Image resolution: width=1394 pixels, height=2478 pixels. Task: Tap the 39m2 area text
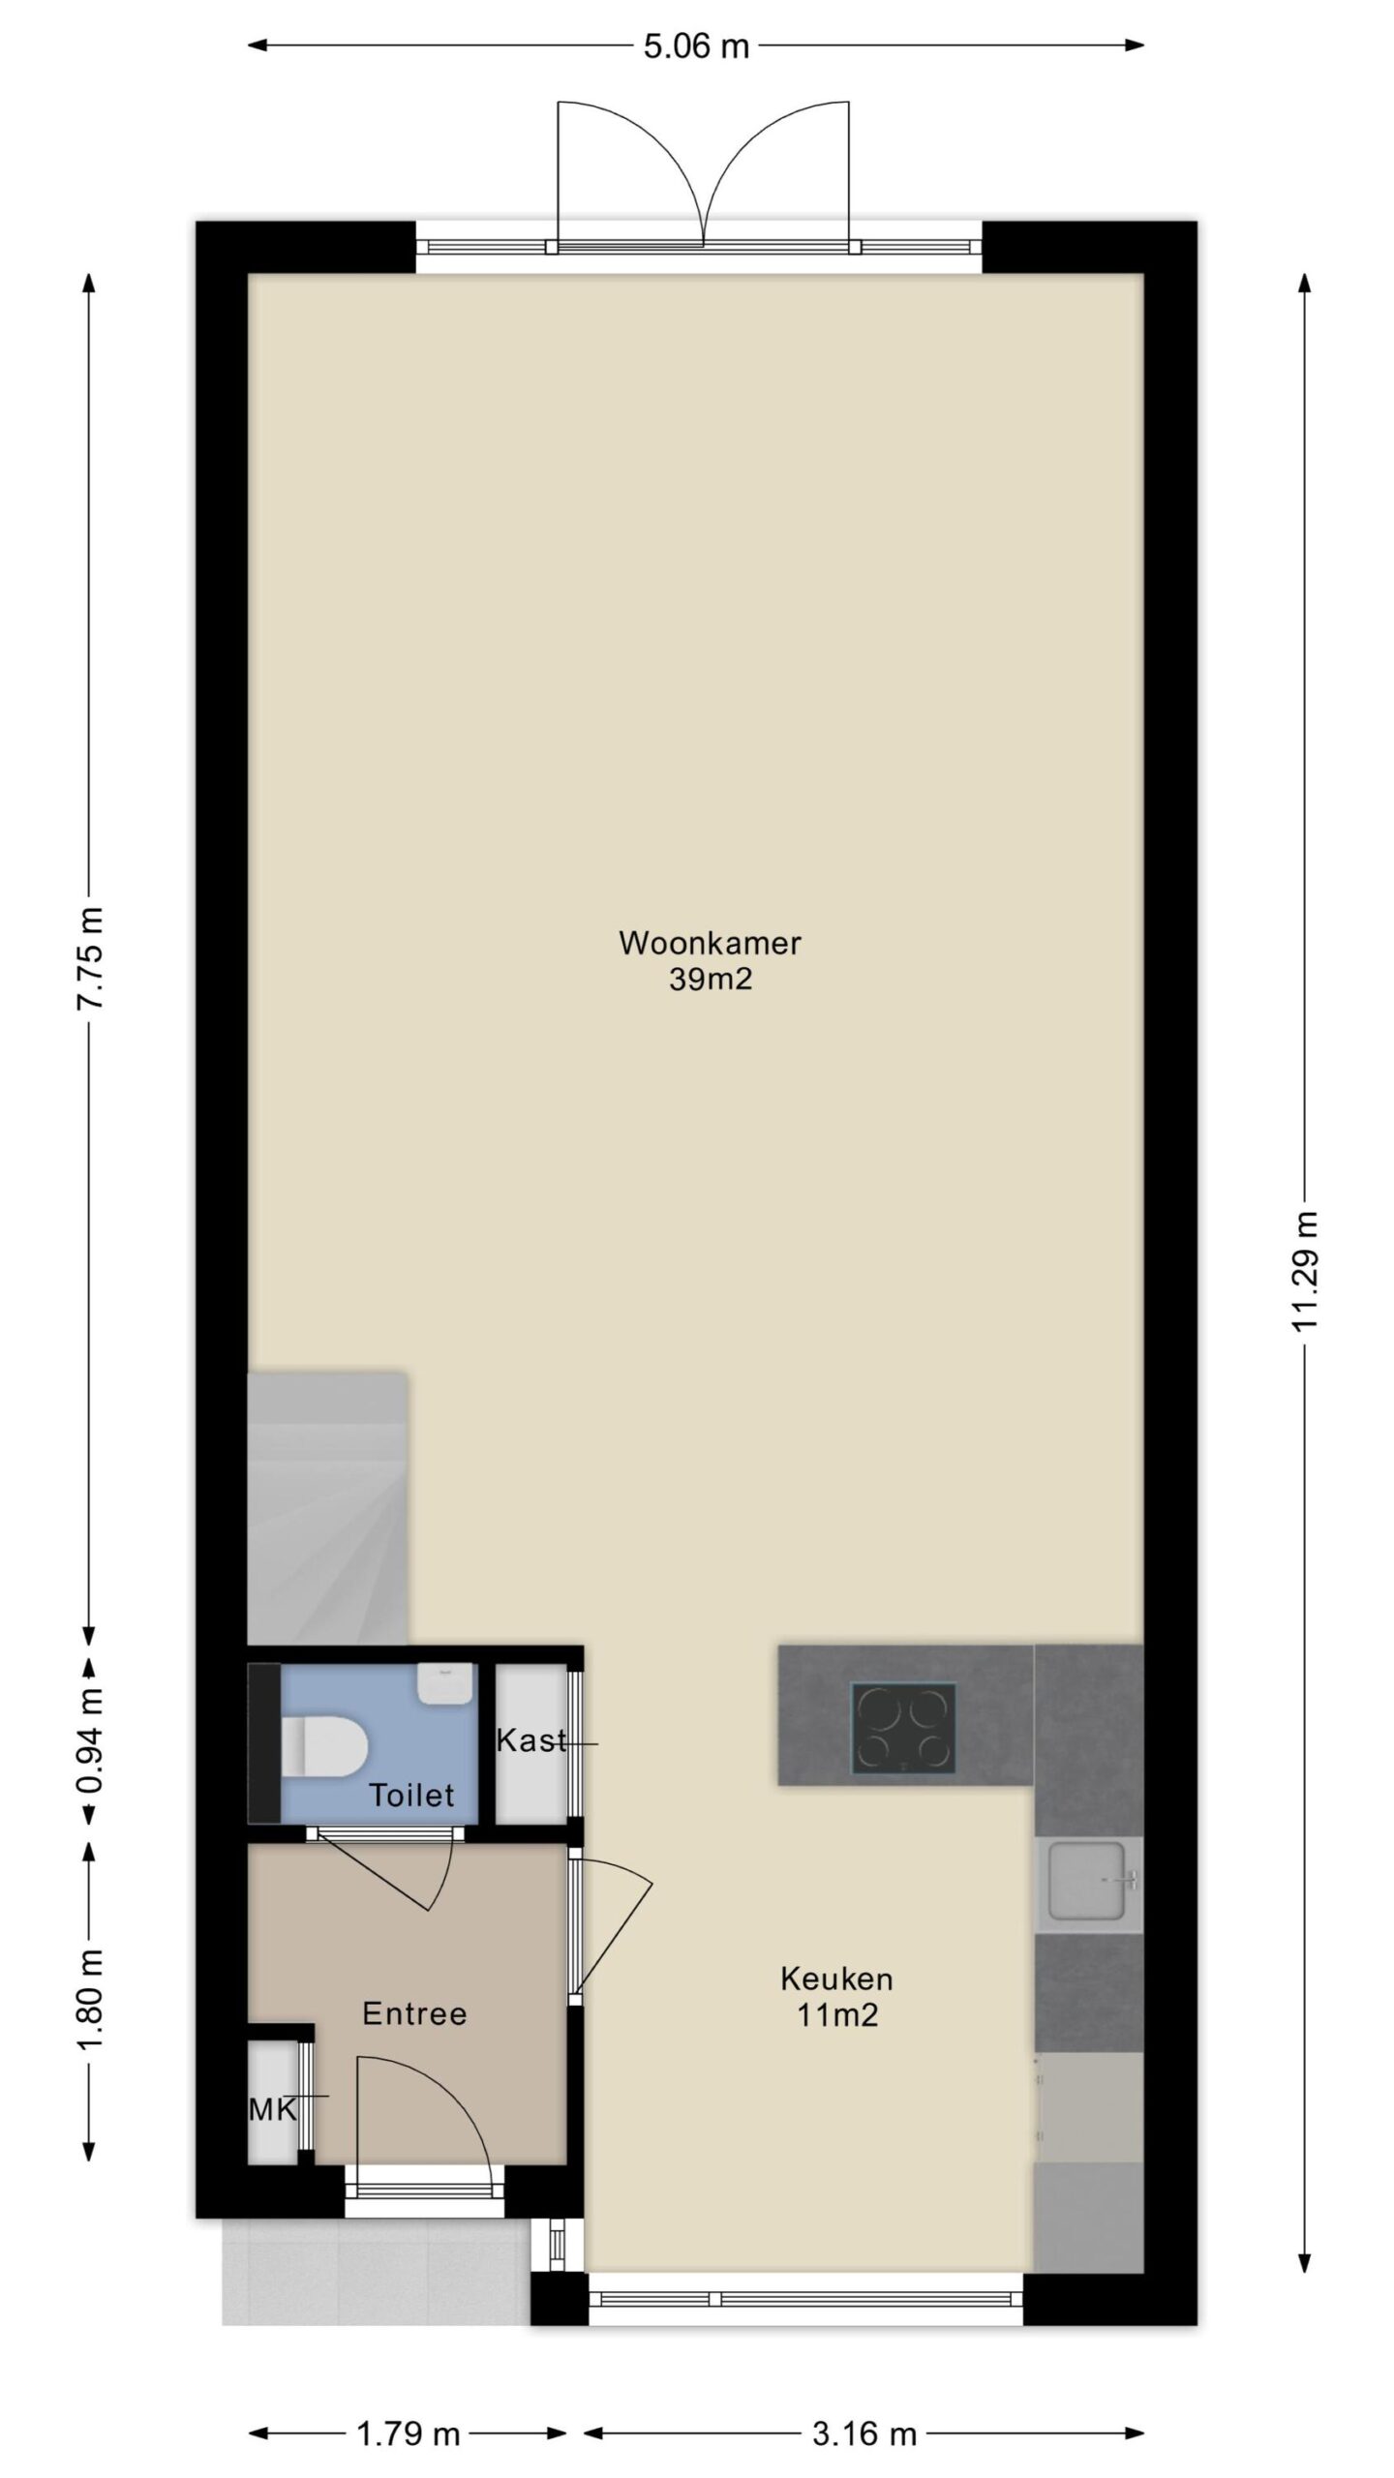point(711,980)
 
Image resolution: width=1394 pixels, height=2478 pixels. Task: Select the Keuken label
point(836,1979)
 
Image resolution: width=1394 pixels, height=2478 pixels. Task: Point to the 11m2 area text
point(837,2015)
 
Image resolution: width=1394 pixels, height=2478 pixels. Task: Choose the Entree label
point(414,2014)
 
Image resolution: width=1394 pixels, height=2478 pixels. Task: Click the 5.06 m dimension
point(697,46)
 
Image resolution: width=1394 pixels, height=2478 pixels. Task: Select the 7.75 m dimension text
point(92,958)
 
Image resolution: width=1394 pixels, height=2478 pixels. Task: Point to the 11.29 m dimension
point(1306,1271)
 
